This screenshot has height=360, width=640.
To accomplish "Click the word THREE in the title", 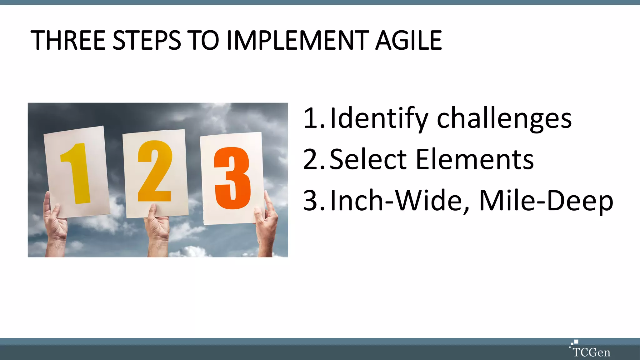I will [68, 40].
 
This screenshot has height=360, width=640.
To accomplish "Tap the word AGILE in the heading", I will [408, 40].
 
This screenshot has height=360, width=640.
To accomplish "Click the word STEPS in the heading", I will [147, 40].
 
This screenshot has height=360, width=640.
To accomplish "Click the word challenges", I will [504, 118].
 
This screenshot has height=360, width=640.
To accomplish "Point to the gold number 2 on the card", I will [155, 171].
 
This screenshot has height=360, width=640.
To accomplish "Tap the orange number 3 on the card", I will [232, 178].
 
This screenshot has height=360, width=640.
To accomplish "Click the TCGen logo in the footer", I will [590, 349].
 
